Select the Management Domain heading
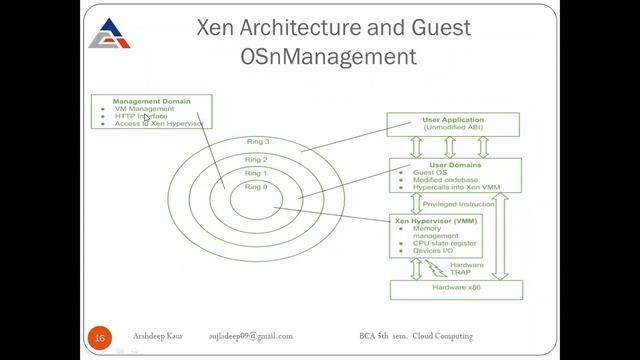(150, 101)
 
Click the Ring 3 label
(257, 142)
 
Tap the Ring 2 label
(257, 159)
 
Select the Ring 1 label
(257, 173)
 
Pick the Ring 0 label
(257, 187)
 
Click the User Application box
(455, 124)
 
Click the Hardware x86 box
(455, 289)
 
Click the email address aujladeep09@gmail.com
(251, 336)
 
